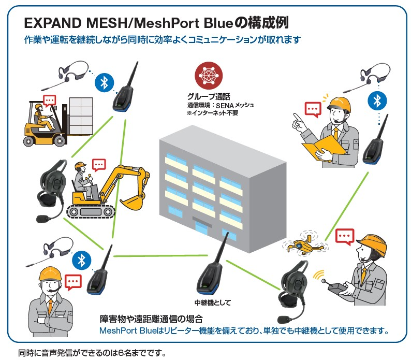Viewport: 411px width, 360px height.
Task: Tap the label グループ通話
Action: coord(208,96)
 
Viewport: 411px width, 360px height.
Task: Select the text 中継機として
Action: coord(212,303)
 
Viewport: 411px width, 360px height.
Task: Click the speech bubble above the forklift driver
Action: coord(50,100)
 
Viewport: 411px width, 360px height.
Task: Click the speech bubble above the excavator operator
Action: coord(98,165)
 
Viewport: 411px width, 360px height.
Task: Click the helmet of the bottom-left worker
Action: coord(48,273)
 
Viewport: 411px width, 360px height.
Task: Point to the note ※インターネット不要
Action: coord(212,113)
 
